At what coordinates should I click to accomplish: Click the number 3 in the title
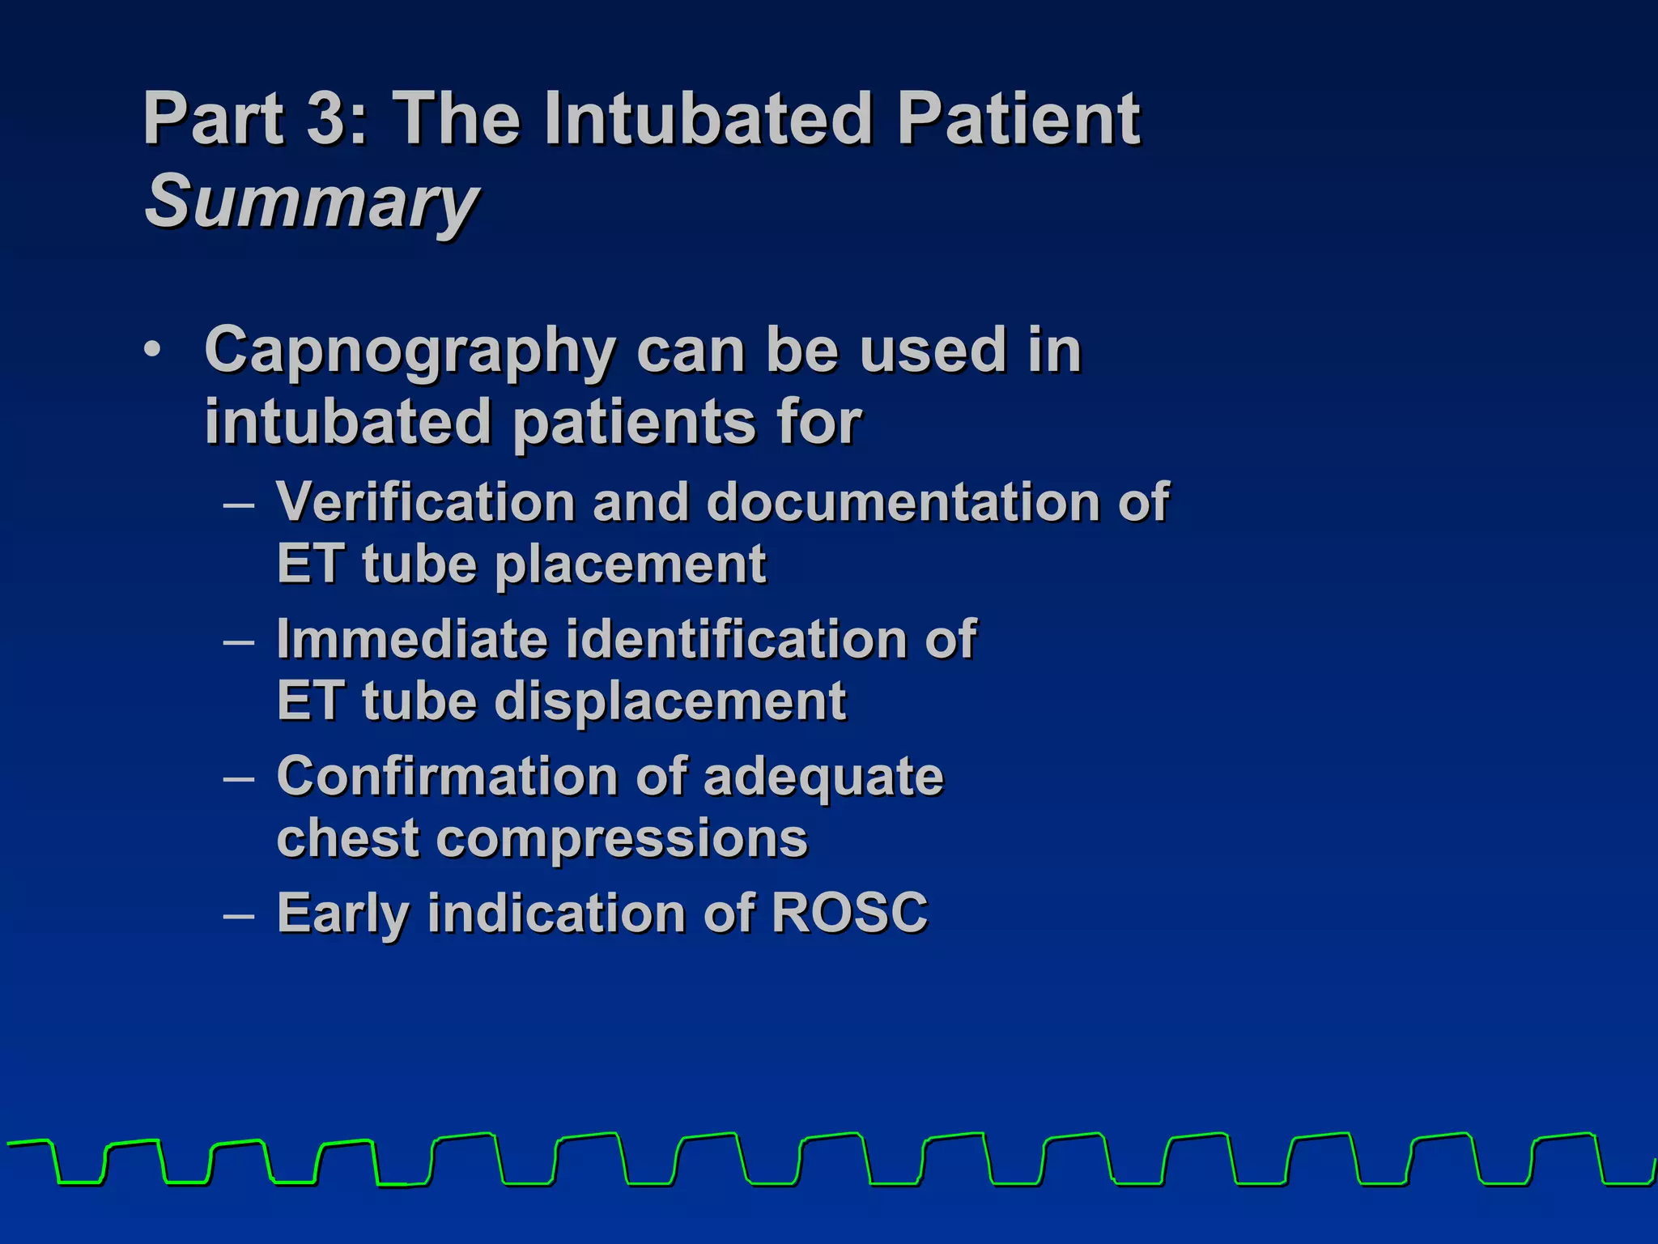[326, 118]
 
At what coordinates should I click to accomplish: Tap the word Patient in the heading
[1018, 118]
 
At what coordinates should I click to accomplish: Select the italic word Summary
[312, 202]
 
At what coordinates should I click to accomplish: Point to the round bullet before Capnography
[151, 351]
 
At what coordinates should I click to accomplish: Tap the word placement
[630, 564]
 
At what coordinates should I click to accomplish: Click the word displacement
[670, 701]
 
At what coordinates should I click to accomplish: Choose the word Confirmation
[449, 777]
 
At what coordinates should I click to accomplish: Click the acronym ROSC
[848, 914]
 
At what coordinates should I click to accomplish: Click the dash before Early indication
[239, 916]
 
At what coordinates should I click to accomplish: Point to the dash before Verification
[239, 505]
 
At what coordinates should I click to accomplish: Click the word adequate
[823, 777]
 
